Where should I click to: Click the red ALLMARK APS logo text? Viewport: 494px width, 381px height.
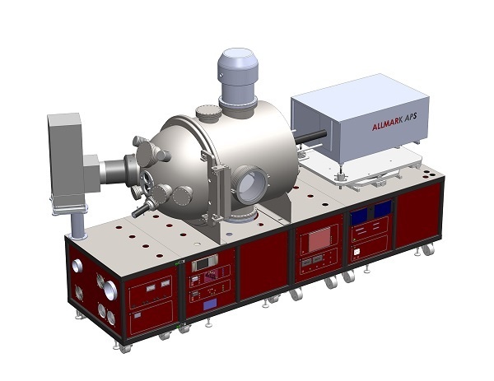click(394, 122)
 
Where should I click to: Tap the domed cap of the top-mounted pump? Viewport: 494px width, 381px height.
click(238, 63)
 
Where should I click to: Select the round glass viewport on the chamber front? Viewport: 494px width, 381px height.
click(250, 185)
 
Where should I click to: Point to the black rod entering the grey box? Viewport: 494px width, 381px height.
click(310, 137)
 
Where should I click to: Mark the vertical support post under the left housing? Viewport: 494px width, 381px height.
click(77, 225)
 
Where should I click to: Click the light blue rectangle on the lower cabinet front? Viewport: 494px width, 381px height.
click(210, 304)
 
